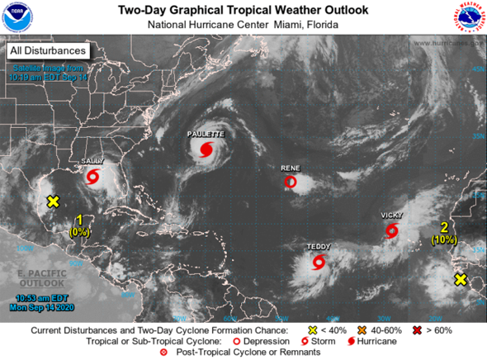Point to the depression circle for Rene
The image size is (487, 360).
(x=290, y=182)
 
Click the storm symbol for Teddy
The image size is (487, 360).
(x=319, y=263)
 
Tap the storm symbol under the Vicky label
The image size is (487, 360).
(x=391, y=230)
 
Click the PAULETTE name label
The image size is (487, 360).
(x=205, y=133)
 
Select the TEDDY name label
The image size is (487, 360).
(x=319, y=247)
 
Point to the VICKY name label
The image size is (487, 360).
(x=391, y=215)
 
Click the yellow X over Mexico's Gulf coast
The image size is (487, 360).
(x=54, y=201)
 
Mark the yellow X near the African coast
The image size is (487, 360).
(x=461, y=280)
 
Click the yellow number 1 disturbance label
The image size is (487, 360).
(x=79, y=220)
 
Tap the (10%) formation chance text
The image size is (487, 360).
(x=443, y=239)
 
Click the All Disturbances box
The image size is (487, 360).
(x=48, y=51)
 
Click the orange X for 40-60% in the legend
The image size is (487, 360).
(x=361, y=330)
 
